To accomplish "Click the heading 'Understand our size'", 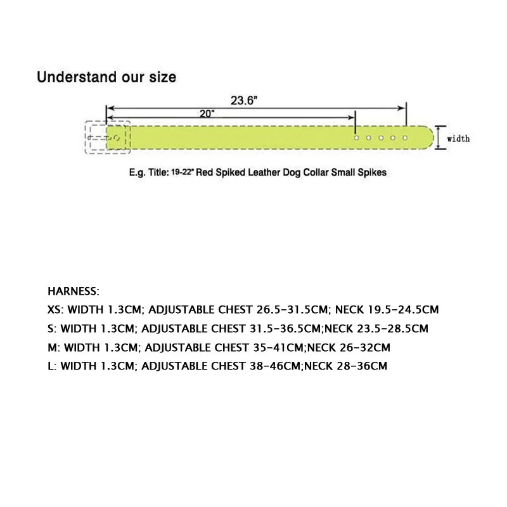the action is tap(106, 77).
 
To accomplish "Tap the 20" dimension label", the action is tap(207, 113).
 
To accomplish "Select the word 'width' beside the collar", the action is tap(459, 138).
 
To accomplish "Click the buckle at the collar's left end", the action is tap(106, 138).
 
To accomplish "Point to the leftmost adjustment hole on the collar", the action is tap(357, 138).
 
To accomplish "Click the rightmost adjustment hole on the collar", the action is tap(405, 138).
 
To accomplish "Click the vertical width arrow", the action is tap(437, 138).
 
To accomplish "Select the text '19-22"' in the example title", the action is tap(183, 171).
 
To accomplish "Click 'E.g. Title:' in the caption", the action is tap(150, 171).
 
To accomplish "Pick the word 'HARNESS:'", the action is tap(74, 292).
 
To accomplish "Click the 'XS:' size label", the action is tap(56, 311).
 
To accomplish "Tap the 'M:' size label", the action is tap(55, 347).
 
